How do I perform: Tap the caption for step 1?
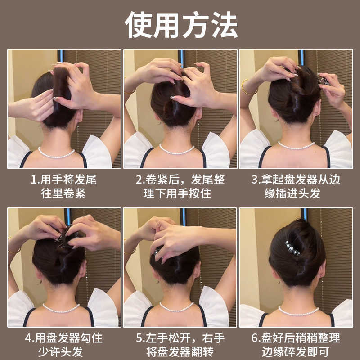(64, 187)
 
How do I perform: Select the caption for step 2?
(180, 187)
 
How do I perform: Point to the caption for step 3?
(296, 187)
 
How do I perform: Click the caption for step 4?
(64, 345)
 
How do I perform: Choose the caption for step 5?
(180, 345)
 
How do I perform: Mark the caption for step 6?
(296, 345)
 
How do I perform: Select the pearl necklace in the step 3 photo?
(296, 146)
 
